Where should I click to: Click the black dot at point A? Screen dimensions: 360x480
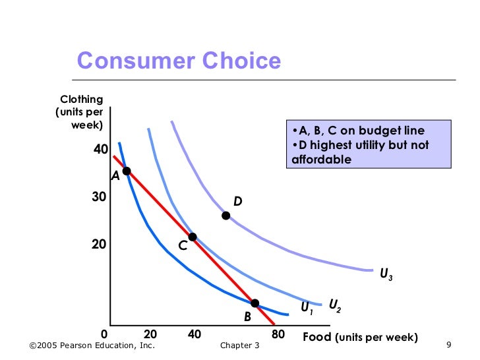click(127, 171)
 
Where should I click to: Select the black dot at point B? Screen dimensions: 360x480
click(255, 303)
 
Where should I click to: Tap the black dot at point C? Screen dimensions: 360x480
click(193, 237)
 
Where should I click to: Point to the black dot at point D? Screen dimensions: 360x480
click(225, 216)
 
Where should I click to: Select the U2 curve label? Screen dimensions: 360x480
click(335, 305)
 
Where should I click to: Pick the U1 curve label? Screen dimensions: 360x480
click(307, 308)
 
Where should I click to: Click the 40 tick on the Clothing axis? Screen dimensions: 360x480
click(100, 150)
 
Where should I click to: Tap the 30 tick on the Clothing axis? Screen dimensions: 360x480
click(99, 197)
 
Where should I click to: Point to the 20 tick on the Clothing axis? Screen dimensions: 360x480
click(99, 244)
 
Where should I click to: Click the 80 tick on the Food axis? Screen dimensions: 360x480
click(278, 335)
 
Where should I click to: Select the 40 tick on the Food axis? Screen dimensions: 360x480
click(194, 335)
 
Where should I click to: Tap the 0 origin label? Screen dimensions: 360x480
click(104, 335)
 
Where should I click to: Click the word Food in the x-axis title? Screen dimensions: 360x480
click(318, 337)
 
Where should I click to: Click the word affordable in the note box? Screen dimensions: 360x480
click(321, 160)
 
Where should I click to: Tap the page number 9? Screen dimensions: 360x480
click(448, 345)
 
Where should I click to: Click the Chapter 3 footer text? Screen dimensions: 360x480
click(240, 346)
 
